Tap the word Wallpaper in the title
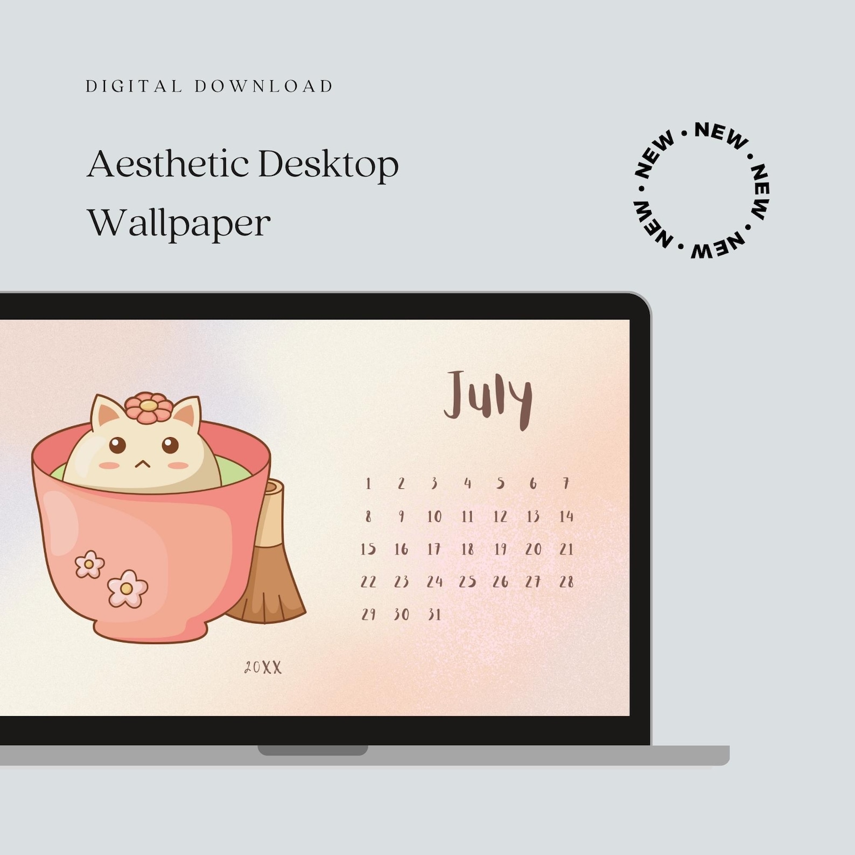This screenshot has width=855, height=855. tap(179, 223)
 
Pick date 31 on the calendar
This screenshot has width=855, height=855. tap(434, 614)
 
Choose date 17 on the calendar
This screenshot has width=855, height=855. tap(434, 549)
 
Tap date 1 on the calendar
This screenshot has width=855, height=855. tap(368, 483)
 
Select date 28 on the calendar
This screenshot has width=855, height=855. tap(566, 581)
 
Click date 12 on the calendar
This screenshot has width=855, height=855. tap(500, 516)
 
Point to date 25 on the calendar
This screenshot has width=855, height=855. tap(467, 581)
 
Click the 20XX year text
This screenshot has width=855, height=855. tap(263, 668)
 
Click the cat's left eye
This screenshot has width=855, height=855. tap(117, 445)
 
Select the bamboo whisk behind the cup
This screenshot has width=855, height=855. tap(272, 571)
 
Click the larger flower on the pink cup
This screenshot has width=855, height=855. tap(127, 588)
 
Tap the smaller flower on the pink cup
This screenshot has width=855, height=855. tap(89, 564)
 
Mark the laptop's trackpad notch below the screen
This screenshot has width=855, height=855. tap(313, 749)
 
